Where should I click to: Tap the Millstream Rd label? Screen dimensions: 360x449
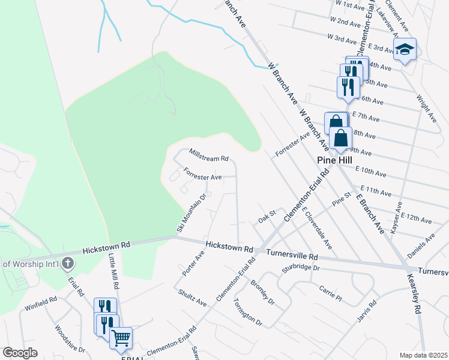[209, 155]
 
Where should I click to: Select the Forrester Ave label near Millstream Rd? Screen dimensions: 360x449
[203, 177]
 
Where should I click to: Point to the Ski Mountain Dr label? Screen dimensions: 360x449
[191, 212]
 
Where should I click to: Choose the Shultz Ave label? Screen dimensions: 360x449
[193, 298]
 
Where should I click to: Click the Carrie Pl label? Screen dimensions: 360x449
[330, 293]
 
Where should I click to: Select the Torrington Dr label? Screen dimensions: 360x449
[248, 311]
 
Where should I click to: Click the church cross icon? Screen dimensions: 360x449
[68, 263]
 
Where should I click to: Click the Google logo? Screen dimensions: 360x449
[20, 353]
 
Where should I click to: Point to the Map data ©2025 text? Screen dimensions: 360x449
[423, 355]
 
